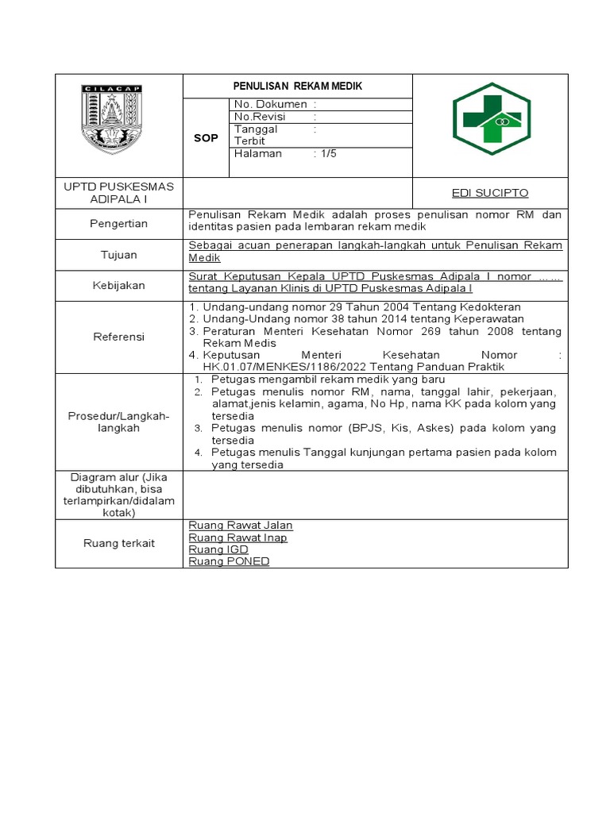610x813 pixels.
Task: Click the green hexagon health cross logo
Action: click(x=490, y=124)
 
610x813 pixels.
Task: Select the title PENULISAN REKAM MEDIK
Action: click(x=297, y=86)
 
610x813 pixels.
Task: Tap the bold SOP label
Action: click(x=207, y=138)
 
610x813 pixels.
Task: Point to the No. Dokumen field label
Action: click(x=270, y=104)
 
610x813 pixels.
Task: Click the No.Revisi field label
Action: click(x=259, y=116)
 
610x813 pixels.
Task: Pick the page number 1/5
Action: click(x=326, y=154)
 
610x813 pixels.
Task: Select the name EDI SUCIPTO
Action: click(x=490, y=193)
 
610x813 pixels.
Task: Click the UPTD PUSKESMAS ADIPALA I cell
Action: click(x=118, y=192)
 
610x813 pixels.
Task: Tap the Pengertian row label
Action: click(x=118, y=224)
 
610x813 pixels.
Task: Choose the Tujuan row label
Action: click(x=118, y=255)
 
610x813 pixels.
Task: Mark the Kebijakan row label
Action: click(x=118, y=285)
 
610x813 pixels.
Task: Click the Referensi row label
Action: click(x=118, y=337)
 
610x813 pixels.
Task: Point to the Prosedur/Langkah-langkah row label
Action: click(x=118, y=422)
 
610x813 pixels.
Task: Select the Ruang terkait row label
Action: click(x=118, y=543)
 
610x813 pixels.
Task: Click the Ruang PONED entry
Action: click(x=229, y=561)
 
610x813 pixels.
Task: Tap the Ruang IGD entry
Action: click(x=218, y=549)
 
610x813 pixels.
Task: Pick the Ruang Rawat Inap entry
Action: click(x=237, y=538)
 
